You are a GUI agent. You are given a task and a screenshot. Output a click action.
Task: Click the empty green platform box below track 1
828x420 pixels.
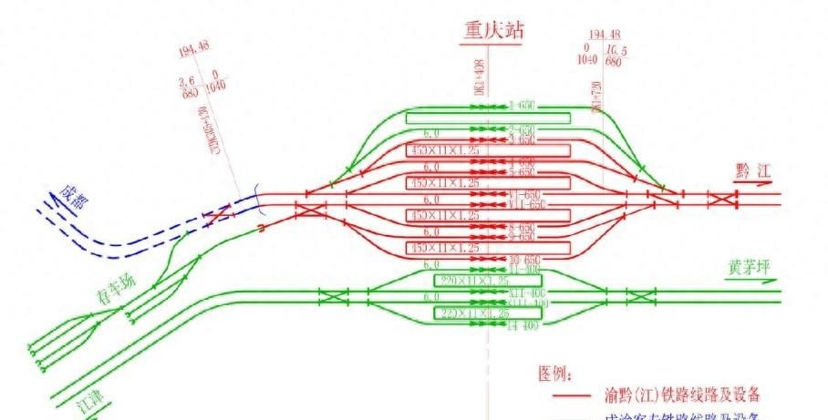tap(488, 118)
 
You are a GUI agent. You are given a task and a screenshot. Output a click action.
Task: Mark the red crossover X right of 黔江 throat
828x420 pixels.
tap(722, 200)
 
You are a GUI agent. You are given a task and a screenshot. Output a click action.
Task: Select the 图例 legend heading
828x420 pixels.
tap(555, 374)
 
